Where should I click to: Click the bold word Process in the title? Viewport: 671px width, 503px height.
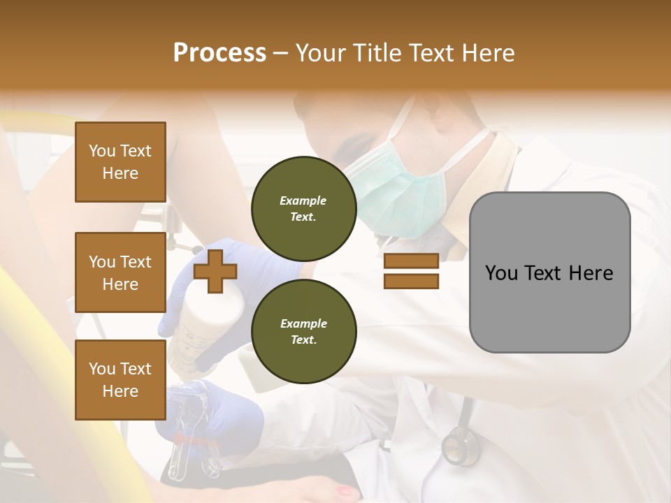[219, 53]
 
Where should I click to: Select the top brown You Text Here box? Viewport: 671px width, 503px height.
[120, 162]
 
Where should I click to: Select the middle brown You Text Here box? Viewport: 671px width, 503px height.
[120, 272]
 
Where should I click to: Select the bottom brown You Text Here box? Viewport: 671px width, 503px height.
[120, 380]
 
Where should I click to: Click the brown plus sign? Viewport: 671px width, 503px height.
[215, 271]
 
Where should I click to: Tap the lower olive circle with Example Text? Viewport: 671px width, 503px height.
[303, 332]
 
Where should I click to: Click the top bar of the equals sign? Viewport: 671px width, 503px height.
[411, 261]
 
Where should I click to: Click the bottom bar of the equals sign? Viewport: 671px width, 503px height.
[411, 282]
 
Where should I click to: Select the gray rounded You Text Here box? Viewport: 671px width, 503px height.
[549, 272]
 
